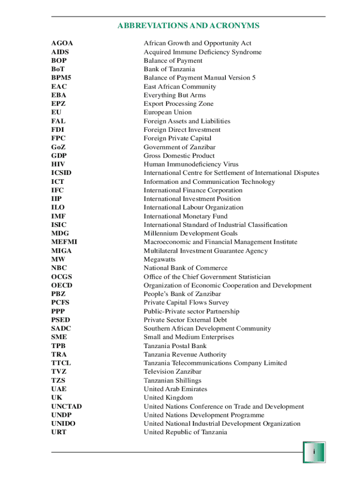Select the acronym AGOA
tap(62, 44)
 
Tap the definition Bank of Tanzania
tap(169, 69)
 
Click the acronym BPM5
tap(61, 78)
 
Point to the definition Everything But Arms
tap(174, 95)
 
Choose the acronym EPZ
tap(59, 104)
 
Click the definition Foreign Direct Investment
tap(182, 130)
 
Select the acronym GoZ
tap(59, 147)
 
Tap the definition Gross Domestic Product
tap(179, 156)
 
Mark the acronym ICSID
tap(61, 173)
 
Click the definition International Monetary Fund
tap(186, 217)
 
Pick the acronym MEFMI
tap(64, 242)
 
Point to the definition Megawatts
tap(159, 260)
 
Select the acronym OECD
tap(62, 285)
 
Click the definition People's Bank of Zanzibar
tap(182, 294)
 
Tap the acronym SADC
tap(61, 329)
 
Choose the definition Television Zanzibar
tap(173, 372)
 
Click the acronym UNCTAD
tap(66, 407)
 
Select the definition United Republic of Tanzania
tap(185, 433)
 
